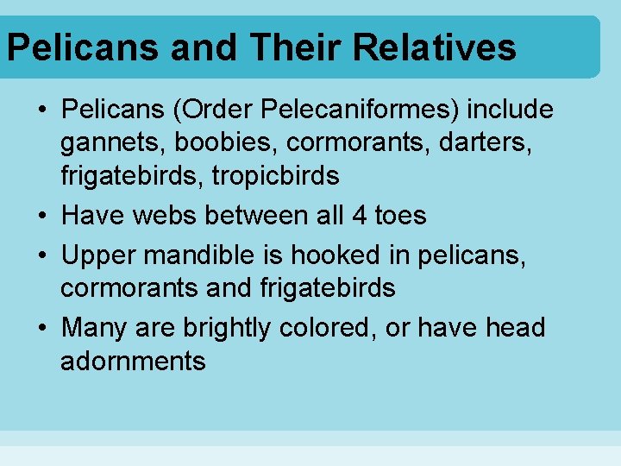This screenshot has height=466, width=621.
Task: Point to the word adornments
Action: (133, 361)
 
